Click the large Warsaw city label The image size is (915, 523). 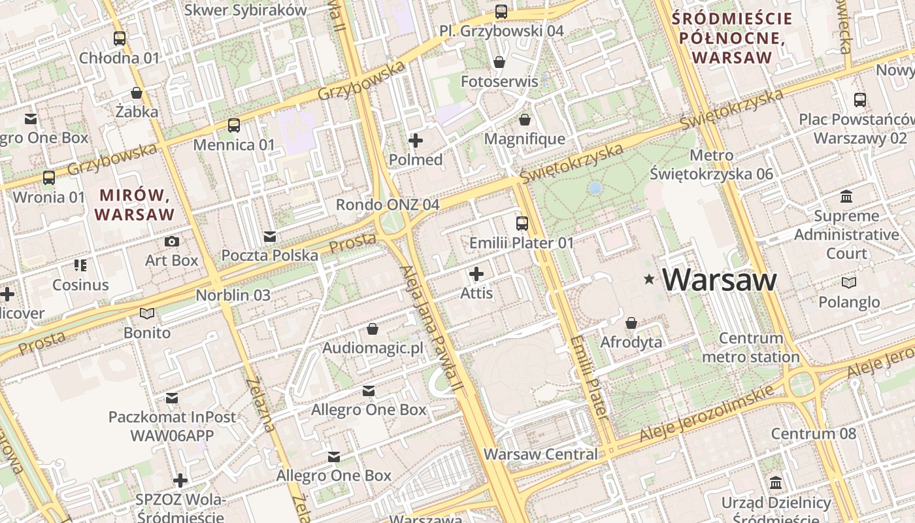coord(720,280)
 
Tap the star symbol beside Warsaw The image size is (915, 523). coord(649,279)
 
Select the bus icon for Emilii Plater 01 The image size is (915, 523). coord(522,224)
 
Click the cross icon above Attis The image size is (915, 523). coord(476,273)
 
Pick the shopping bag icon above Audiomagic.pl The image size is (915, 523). coord(373,328)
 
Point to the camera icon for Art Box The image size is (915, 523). coord(172,242)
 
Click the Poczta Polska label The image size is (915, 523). coord(269,255)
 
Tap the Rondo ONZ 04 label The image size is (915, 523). coord(387,205)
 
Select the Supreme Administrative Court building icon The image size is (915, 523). coord(847,197)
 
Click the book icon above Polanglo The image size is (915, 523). coord(848,283)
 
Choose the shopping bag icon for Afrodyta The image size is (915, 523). coord(631,323)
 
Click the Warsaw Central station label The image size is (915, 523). coord(541,454)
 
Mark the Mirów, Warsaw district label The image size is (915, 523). coord(135,205)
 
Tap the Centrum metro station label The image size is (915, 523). coord(750,348)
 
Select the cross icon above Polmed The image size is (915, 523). coord(415,141)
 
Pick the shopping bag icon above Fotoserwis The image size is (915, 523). coord(499,62)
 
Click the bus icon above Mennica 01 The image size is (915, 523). coord(234,126)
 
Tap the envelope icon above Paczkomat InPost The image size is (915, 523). coord(172,397)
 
